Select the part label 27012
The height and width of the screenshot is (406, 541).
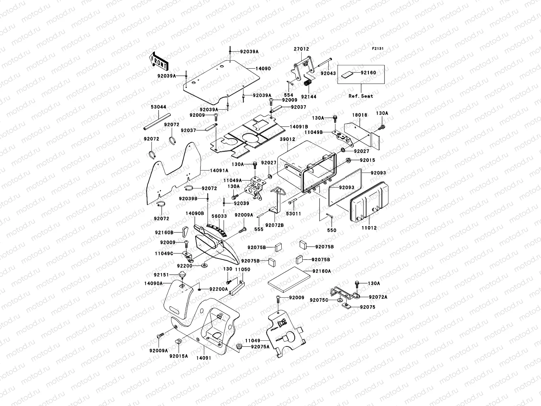click(x=301, y=49)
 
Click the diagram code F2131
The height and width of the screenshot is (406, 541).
click(x=378, y=49)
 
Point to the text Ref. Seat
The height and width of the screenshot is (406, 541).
click(x=361, y=96)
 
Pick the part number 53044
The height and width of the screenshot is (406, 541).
click(x=158, y=107)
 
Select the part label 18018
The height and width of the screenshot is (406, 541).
click(x=360, y=115)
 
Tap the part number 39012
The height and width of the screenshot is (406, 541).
click(x=287, y=139)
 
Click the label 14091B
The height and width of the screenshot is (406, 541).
click(x=299, y=127)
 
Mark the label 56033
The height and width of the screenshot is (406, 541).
click(x=219, y=216)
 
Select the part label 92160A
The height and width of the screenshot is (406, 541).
click(x=322, y=271)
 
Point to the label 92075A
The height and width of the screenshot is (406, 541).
click(x=260, y=346)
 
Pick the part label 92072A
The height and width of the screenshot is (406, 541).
click(x=378, y=297)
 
